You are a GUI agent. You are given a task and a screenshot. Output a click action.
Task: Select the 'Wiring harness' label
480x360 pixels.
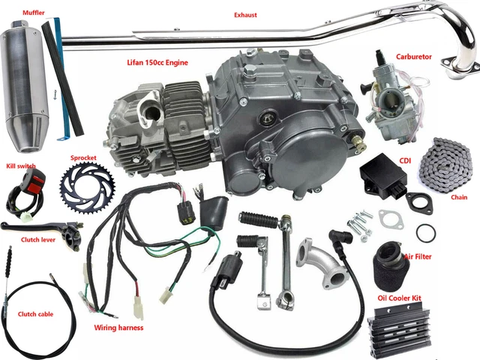click(118, 328)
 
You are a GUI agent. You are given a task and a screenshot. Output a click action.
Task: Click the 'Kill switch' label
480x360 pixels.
click(20, 165)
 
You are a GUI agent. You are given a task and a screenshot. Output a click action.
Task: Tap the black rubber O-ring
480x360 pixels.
click(424, 232)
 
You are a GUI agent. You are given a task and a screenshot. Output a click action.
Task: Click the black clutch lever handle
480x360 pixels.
click(30, 227)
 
